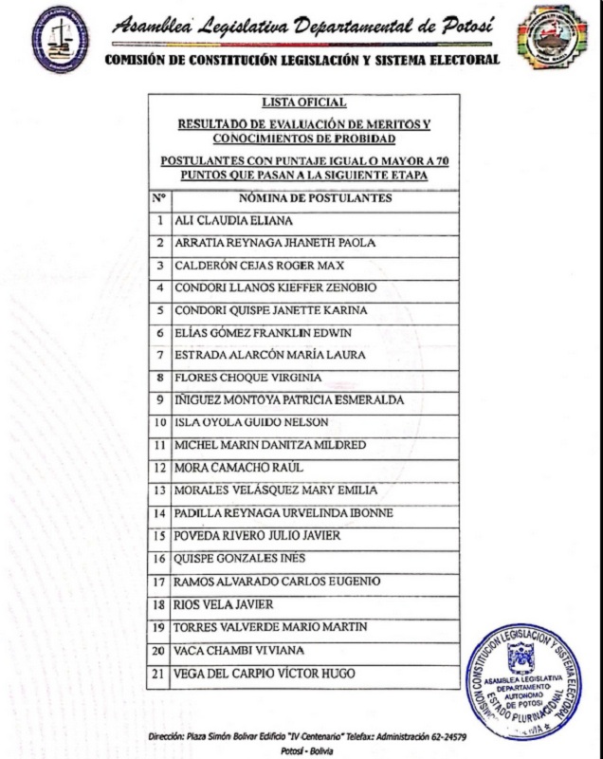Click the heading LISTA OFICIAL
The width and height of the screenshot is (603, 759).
tap(304, 102)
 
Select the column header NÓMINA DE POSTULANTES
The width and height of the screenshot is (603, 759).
tap(317, 198)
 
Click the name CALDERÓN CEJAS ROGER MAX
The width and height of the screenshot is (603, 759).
tap(249, 265)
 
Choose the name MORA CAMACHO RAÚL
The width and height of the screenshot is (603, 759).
tap(225, 468)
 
